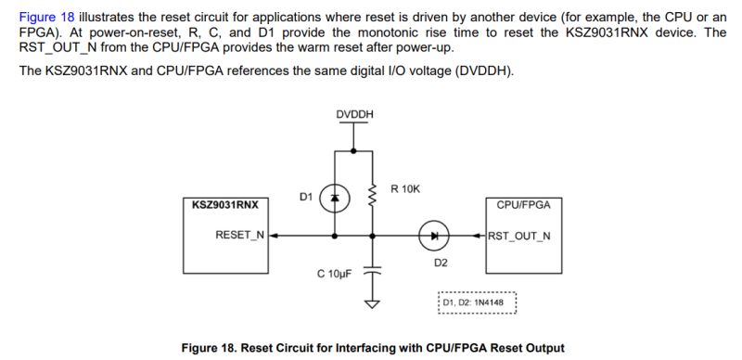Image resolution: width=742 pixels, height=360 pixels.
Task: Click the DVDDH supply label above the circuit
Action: [x=355, y=114]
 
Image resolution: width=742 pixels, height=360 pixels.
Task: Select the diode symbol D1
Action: [x=336, y=197]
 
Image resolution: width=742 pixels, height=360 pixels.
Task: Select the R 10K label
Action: [x=405, y=188]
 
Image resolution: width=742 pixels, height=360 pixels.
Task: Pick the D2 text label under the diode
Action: [x=441, y=263]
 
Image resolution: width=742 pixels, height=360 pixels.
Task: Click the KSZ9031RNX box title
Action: [x=224, y=204]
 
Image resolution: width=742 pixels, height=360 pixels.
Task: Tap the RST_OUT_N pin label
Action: [x=519, y=236]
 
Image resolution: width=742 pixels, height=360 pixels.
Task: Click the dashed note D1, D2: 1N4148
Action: [x=475, y=303]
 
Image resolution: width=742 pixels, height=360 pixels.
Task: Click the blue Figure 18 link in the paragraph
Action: [x=45, y=17]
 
